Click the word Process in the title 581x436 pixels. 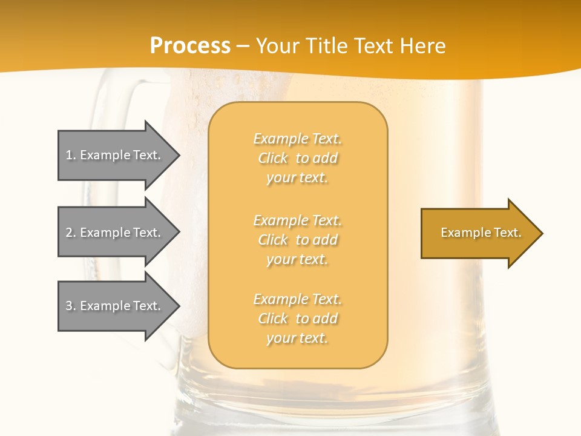point(190,46)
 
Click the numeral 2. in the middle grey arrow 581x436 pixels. point(70,233)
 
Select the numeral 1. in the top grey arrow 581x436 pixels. point(70,155)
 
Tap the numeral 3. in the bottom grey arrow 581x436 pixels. point(70,306)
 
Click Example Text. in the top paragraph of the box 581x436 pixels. point(297,139)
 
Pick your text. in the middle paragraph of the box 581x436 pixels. point(297,259)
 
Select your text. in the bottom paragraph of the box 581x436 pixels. point(297,338)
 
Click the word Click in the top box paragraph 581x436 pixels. point(273,158)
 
